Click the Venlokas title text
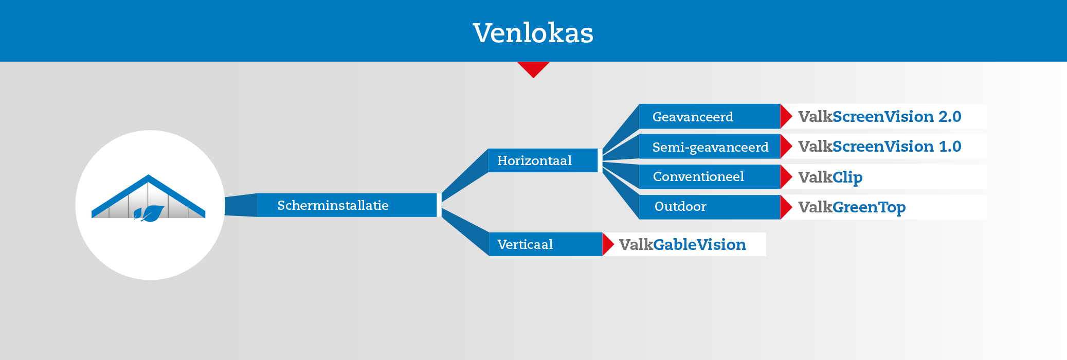click(533, 33)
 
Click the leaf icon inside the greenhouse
click(149, 213)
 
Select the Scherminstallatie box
click(347, 205)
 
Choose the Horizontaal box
click(542, 160)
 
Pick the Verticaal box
click(545, 244)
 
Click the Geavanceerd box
click(710, 117)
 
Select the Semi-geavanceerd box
click(710, 147)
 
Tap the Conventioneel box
click(710, 176)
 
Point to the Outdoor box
click(710, 207)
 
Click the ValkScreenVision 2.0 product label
click(879, 117)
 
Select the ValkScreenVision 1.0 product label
click(879, 147)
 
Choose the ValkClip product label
click(830, 177)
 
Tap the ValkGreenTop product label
click(852, 207)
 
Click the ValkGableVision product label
click(682, 244)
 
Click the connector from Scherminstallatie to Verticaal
click(465, 231)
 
